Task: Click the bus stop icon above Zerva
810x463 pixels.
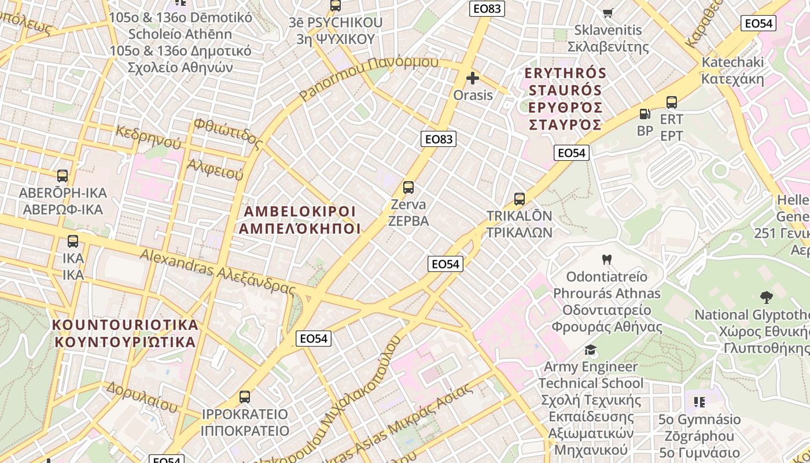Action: tap(408, 188)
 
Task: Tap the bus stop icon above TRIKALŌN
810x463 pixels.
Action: tap(520, 199)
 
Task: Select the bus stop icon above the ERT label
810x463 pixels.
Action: tap(672, 102)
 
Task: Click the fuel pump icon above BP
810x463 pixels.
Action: tap(645, 114)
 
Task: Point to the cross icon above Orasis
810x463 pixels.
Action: tap(473, 78)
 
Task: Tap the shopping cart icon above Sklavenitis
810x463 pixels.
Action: tap(607, 13)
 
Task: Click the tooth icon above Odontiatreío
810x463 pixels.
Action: tap(606, 259)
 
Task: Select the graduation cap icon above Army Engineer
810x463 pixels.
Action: tap(590, 350)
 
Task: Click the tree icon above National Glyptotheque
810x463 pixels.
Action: tap(767, 298)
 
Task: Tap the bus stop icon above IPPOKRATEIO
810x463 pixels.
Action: tap(245, 397)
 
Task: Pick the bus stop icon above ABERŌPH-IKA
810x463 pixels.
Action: tap(62, 176)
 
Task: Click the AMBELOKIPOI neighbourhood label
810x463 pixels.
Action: tap(300, 219)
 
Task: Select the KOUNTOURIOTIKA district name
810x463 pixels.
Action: tap(126, 333)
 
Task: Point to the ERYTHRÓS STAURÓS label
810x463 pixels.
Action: tap(565, 99)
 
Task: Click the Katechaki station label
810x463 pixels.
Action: tap(733, 70)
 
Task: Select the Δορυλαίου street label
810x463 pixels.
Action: tap(142, 396)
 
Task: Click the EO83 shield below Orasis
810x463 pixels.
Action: tap(439, 139)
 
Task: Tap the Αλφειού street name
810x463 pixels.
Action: tap(215, 170)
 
